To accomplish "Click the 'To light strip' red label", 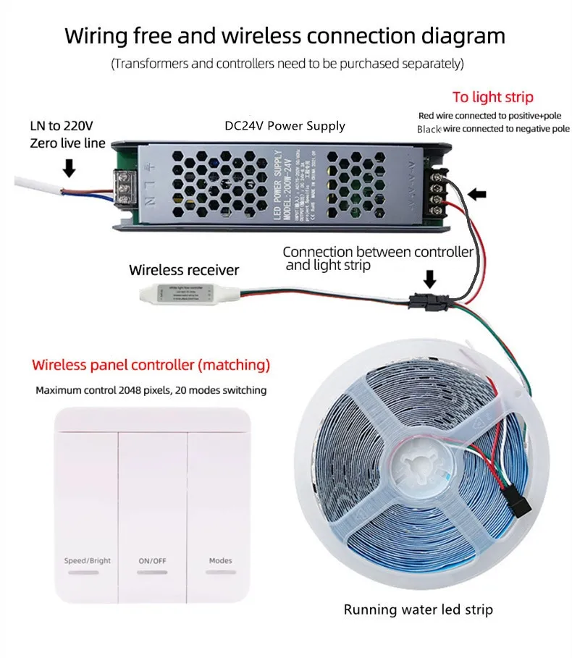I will pyautogui.click(x=493, y=97).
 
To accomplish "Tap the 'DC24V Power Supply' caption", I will pyautogui.click(x=285, y=125).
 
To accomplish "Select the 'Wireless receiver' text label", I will pyautogui.click(x=184, y=270).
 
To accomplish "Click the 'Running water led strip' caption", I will pyautogui.click(x=418, y=610).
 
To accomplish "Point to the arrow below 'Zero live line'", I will pyautogui.click(x=70, y=168).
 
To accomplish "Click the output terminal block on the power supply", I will pyautogui.click(x=438, y=185).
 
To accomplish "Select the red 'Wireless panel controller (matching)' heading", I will pyautogui.click(x=151, y=363).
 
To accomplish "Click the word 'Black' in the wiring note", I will pyautogui.click(x=429, y=129).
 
